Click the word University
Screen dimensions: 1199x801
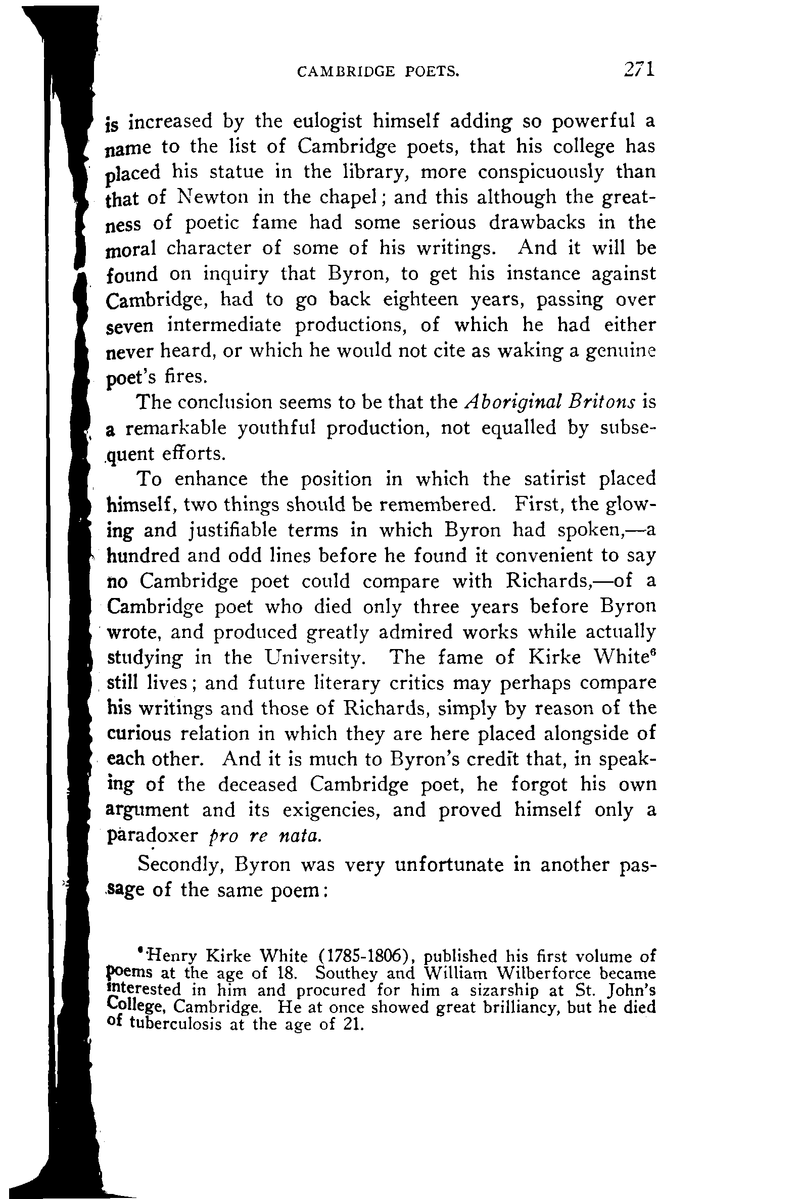point(315,658)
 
